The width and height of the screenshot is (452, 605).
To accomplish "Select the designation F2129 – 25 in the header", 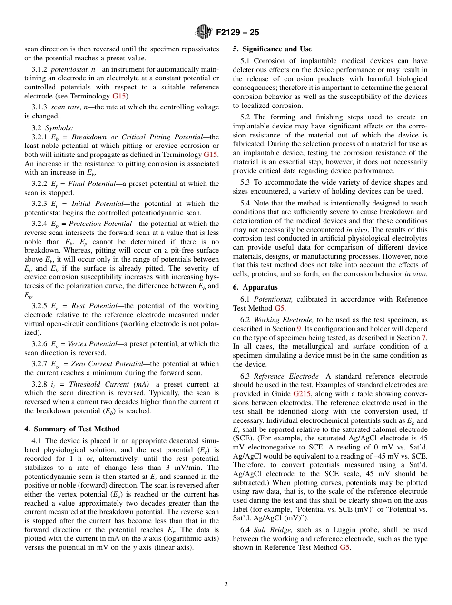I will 237,33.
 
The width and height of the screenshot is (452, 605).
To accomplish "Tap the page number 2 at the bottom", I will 226,585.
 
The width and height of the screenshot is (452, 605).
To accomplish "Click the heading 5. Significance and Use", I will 272,49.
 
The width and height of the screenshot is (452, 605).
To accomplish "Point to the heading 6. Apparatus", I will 255,287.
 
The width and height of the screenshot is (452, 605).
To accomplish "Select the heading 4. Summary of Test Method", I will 72,429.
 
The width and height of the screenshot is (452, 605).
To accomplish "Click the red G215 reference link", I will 302,394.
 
